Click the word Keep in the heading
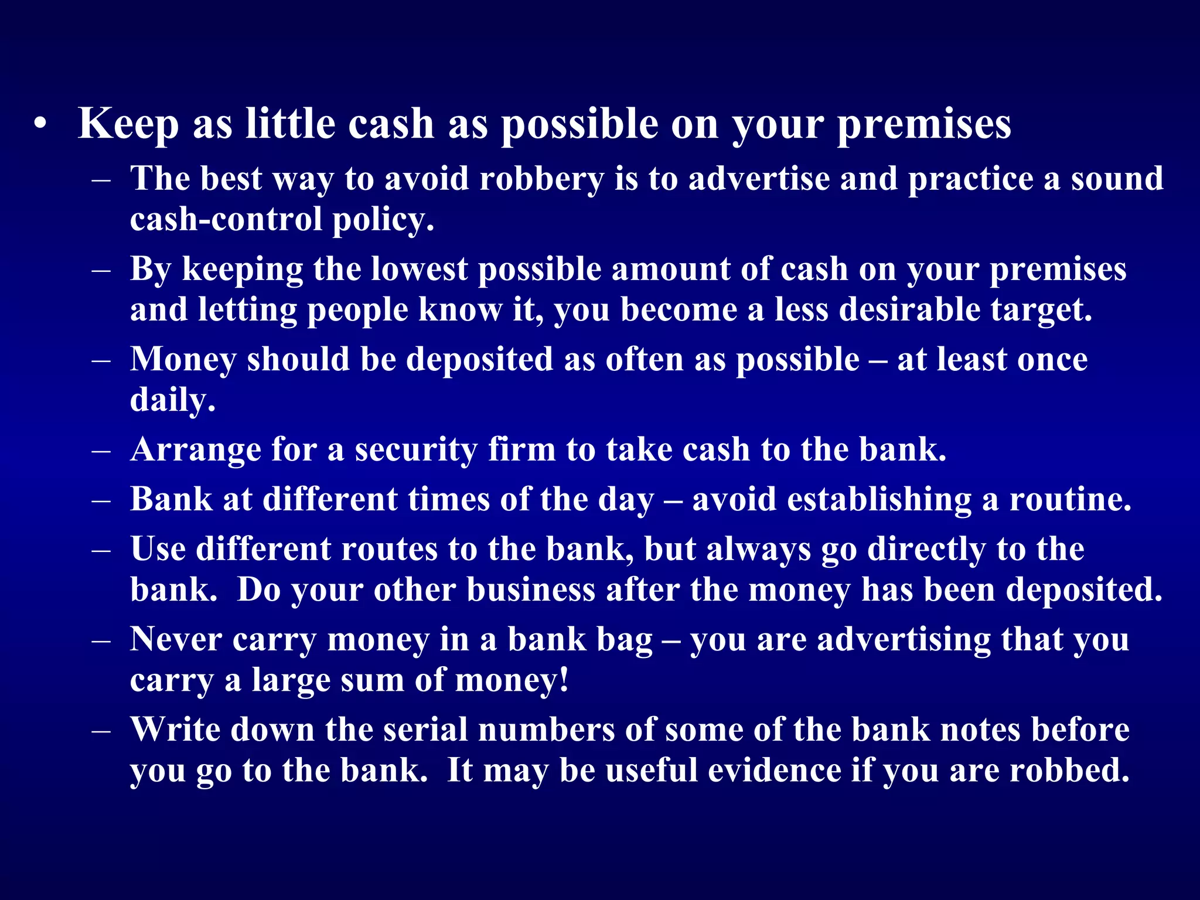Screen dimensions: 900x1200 tap(128, 124)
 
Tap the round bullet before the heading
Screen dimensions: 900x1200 tap(40, 124)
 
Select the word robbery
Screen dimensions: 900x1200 tap(541, 179)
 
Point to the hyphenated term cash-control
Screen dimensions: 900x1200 tap(226, 219)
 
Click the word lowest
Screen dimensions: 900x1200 tap(420, 270)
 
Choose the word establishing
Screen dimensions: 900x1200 tap(879, 499)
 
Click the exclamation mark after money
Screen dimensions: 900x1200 tap(564, 680)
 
